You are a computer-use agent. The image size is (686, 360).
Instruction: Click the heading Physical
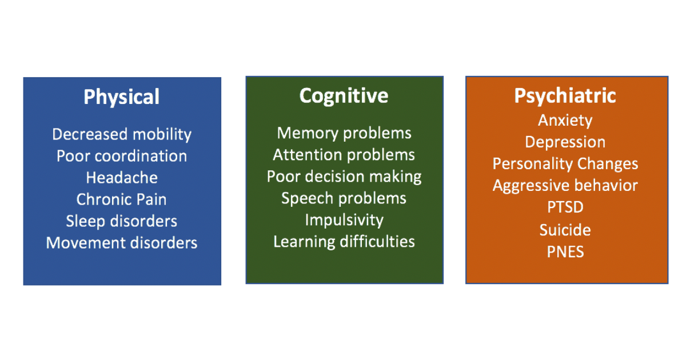121,97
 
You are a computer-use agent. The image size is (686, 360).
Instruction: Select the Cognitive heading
344,95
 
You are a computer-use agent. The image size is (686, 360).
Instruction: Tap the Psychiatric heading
565,95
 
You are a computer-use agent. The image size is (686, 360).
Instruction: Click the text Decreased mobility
122,134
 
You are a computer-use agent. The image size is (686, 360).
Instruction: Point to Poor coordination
122,156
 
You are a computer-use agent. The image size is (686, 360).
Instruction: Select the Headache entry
122,178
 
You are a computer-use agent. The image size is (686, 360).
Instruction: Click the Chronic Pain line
122,199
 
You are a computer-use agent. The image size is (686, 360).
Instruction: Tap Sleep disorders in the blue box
122,221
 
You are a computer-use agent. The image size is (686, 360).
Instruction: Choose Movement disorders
122,243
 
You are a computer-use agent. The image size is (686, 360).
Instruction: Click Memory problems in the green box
344,133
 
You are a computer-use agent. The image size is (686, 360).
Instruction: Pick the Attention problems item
344,155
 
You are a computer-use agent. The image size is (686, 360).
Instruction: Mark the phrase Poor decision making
344,177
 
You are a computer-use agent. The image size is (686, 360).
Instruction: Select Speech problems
344,198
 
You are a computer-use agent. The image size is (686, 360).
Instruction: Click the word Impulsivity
344,220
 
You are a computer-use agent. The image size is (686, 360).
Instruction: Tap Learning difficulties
344,242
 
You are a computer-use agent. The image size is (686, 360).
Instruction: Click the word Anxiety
565,121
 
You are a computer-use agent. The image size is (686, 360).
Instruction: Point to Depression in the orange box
565,142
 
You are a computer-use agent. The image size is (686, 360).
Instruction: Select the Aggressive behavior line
565,186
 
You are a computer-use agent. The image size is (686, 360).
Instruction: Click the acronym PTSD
565,207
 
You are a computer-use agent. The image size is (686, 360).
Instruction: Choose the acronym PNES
565,251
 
